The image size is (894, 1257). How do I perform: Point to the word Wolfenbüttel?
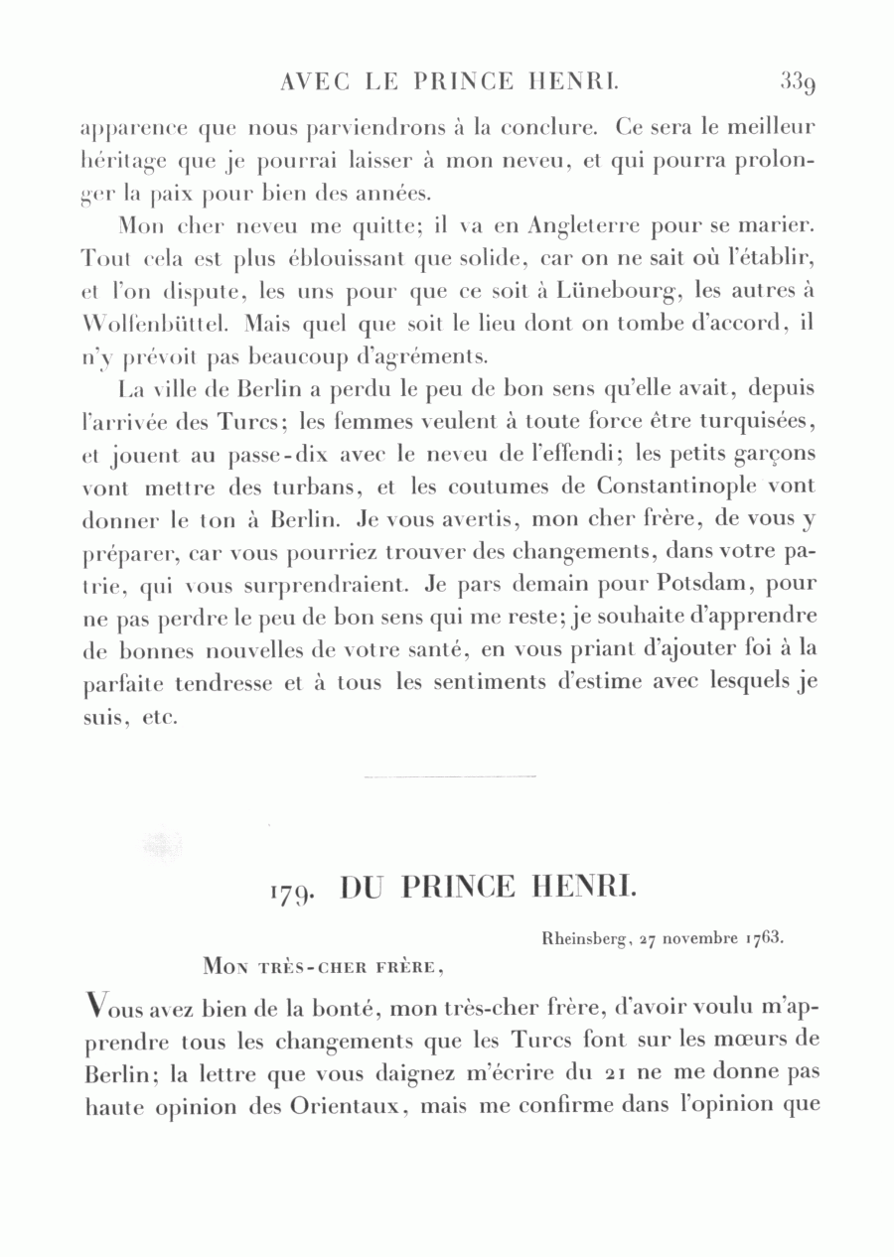pos(155,325)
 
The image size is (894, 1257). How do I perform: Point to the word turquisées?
pos(758,422)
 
